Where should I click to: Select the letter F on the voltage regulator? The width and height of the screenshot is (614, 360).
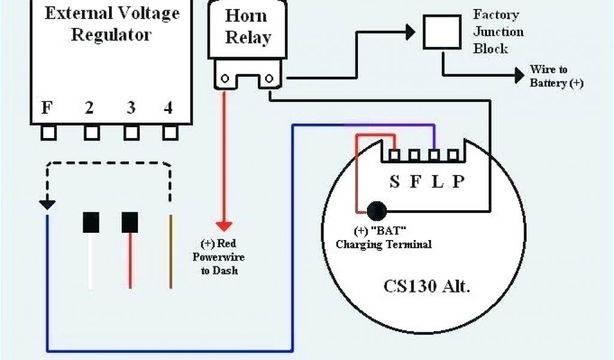point(46,108)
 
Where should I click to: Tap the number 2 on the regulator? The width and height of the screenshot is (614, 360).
point(89,108)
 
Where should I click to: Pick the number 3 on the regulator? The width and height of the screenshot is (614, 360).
point(131,108)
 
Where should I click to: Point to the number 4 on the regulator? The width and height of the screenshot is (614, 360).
point(168,108)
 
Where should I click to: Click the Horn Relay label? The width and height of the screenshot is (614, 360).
point(247,27)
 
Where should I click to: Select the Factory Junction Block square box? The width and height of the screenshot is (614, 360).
point(443,31)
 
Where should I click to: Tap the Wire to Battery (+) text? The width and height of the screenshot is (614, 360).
point(556,77)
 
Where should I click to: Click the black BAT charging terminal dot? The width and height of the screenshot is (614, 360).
point(377,211)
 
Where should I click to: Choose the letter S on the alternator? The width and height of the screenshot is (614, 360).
point(394,182)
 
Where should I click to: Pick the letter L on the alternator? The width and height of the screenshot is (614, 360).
point(438,182)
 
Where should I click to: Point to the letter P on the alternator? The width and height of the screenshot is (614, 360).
point(458,182)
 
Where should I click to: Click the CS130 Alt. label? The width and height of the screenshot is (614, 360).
point(426,286)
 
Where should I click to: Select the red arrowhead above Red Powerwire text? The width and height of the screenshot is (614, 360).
point(224,226)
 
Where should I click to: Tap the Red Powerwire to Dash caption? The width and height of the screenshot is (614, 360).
point(218,257)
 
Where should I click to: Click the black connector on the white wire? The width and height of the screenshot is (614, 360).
point(91,222)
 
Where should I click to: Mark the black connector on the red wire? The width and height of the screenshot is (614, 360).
point(130,222)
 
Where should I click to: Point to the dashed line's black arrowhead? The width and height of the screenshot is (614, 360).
point(47,205)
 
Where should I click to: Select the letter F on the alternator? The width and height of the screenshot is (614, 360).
point(416,182)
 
